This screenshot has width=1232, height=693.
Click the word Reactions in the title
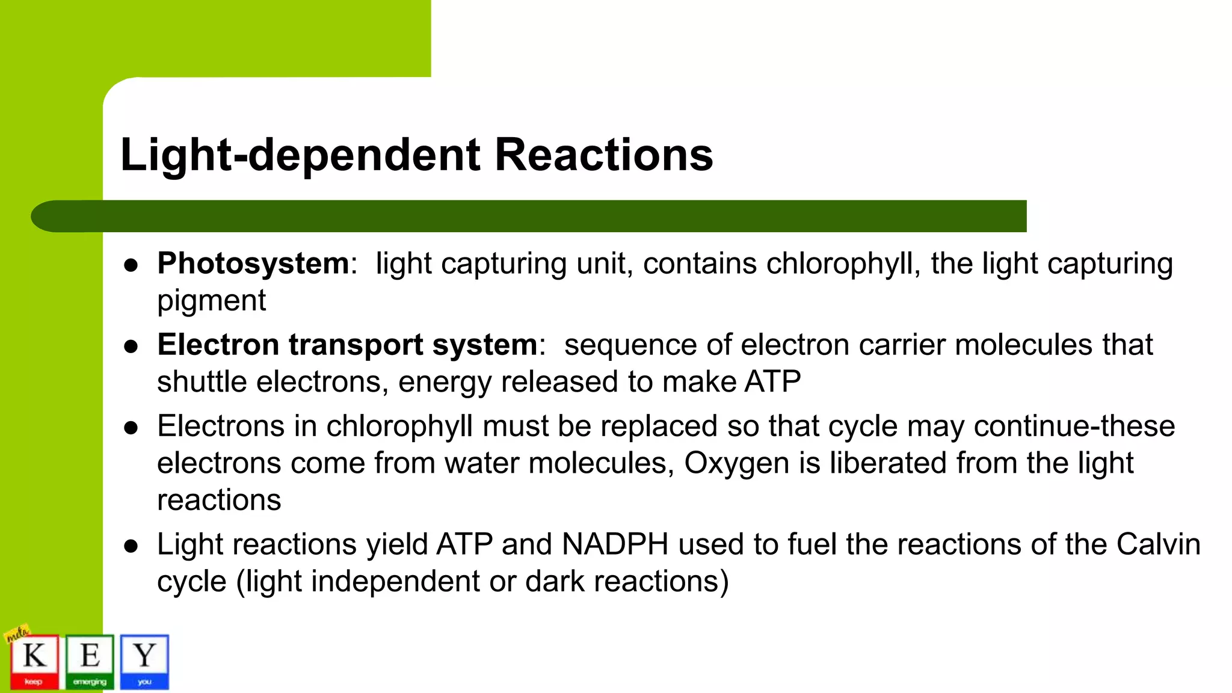point(603,155)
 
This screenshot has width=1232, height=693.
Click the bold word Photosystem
point(253,263)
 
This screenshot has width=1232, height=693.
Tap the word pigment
point(211,300)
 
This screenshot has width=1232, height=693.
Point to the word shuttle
point(202,382)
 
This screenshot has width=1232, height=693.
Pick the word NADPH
point(615,544)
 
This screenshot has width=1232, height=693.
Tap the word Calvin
point(1158,544)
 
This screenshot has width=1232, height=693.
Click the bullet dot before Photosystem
point(131,265)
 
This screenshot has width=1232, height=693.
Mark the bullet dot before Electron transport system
point(131,346)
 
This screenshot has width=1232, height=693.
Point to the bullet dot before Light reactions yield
point(131,546)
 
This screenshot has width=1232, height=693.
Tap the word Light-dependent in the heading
point(300,155)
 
